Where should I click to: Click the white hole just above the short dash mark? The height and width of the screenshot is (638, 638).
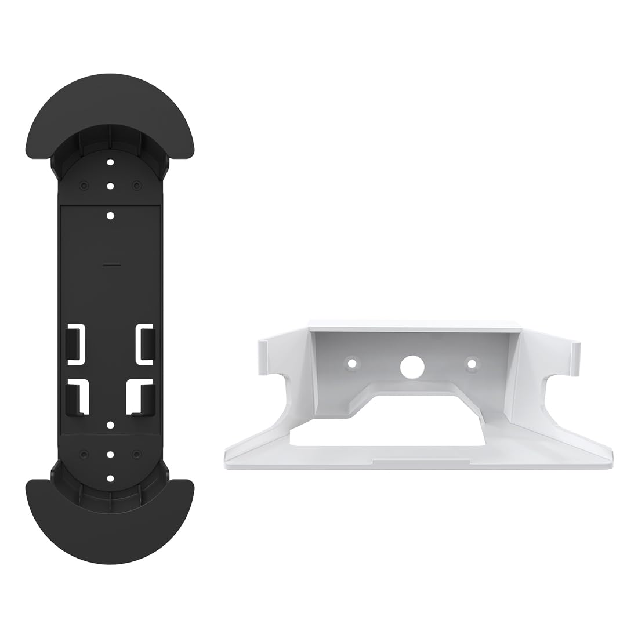(x=110, y=215)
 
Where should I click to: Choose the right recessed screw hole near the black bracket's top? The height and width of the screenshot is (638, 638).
(x=136, y=186)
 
